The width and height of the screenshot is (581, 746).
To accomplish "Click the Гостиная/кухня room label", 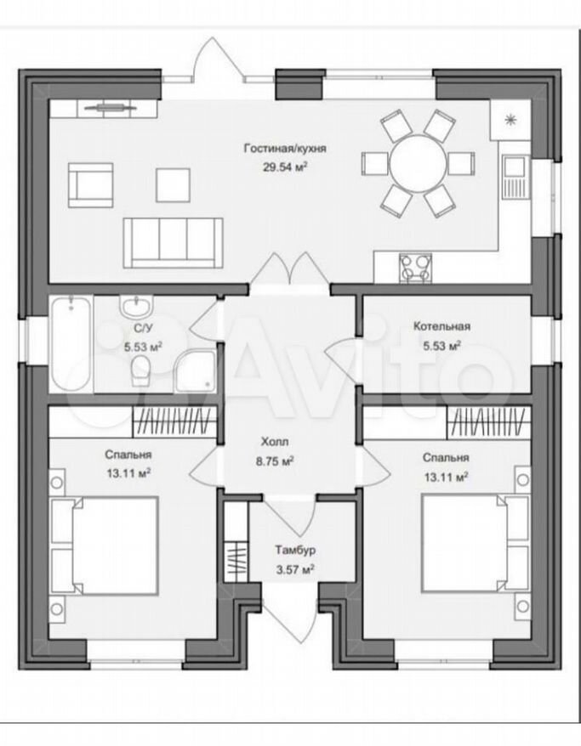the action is pos(285,149).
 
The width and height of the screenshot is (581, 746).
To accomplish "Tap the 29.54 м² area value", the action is pos(285,167).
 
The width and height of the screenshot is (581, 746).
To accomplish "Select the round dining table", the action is pos(419,164).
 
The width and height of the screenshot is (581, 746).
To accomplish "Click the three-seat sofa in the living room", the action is pos(173,243).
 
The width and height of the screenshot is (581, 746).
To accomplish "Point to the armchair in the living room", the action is pos(91,185).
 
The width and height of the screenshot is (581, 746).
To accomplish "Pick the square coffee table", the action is pos(174,184).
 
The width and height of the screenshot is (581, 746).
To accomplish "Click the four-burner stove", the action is pos(415,268).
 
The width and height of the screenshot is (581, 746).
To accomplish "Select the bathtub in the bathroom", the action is pos(71,344).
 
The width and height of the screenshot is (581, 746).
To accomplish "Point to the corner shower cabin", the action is pos(195,372).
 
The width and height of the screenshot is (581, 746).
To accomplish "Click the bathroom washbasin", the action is pos(137,306).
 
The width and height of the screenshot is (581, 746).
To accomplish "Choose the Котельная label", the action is pos(442,326).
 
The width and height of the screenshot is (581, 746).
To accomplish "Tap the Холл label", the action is pos(275,442).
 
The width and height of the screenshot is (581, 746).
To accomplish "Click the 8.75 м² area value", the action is pos(274,461).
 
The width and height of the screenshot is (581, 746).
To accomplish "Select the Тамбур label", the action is pos(295,551).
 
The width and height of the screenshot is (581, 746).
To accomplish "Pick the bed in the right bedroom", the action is pos(476,544).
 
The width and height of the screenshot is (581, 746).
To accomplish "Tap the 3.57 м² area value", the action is pos(295,569).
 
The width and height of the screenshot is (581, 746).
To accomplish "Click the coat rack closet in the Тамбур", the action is pos(236,562).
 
